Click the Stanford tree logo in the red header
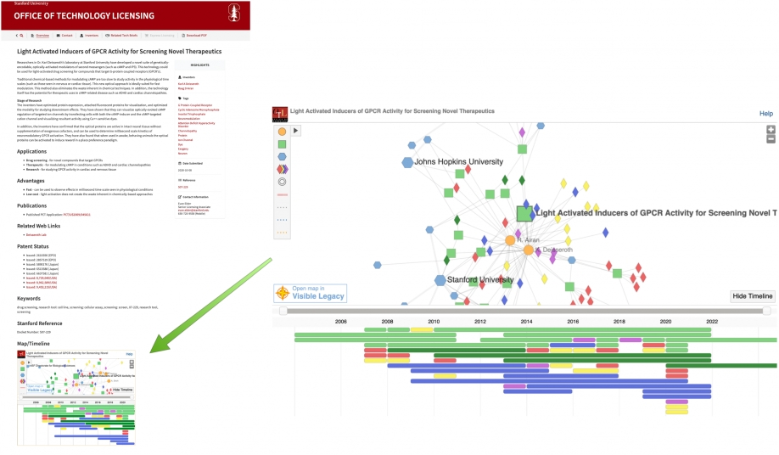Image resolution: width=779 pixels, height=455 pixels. click(x=233, y=14)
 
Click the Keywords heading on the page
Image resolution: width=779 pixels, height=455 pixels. click(x=30, y=298)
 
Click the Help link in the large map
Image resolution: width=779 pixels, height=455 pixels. click(x=765, y=113)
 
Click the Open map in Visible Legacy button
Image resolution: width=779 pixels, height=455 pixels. click(x=310, y=293)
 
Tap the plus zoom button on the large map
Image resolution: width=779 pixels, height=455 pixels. click(x=771, y=130)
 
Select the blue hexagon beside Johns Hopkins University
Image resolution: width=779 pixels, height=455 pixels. click(x=407, y=161)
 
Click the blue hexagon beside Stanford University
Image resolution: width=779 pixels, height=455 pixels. click(x=440, y=279)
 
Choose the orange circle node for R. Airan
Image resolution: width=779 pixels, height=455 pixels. click(x=510, y=240)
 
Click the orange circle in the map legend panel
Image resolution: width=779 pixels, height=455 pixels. click(x=282, y=132)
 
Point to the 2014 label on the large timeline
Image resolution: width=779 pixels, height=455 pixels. click(x=526, y=323)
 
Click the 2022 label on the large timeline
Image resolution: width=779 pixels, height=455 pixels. click(x=711, y=323)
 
